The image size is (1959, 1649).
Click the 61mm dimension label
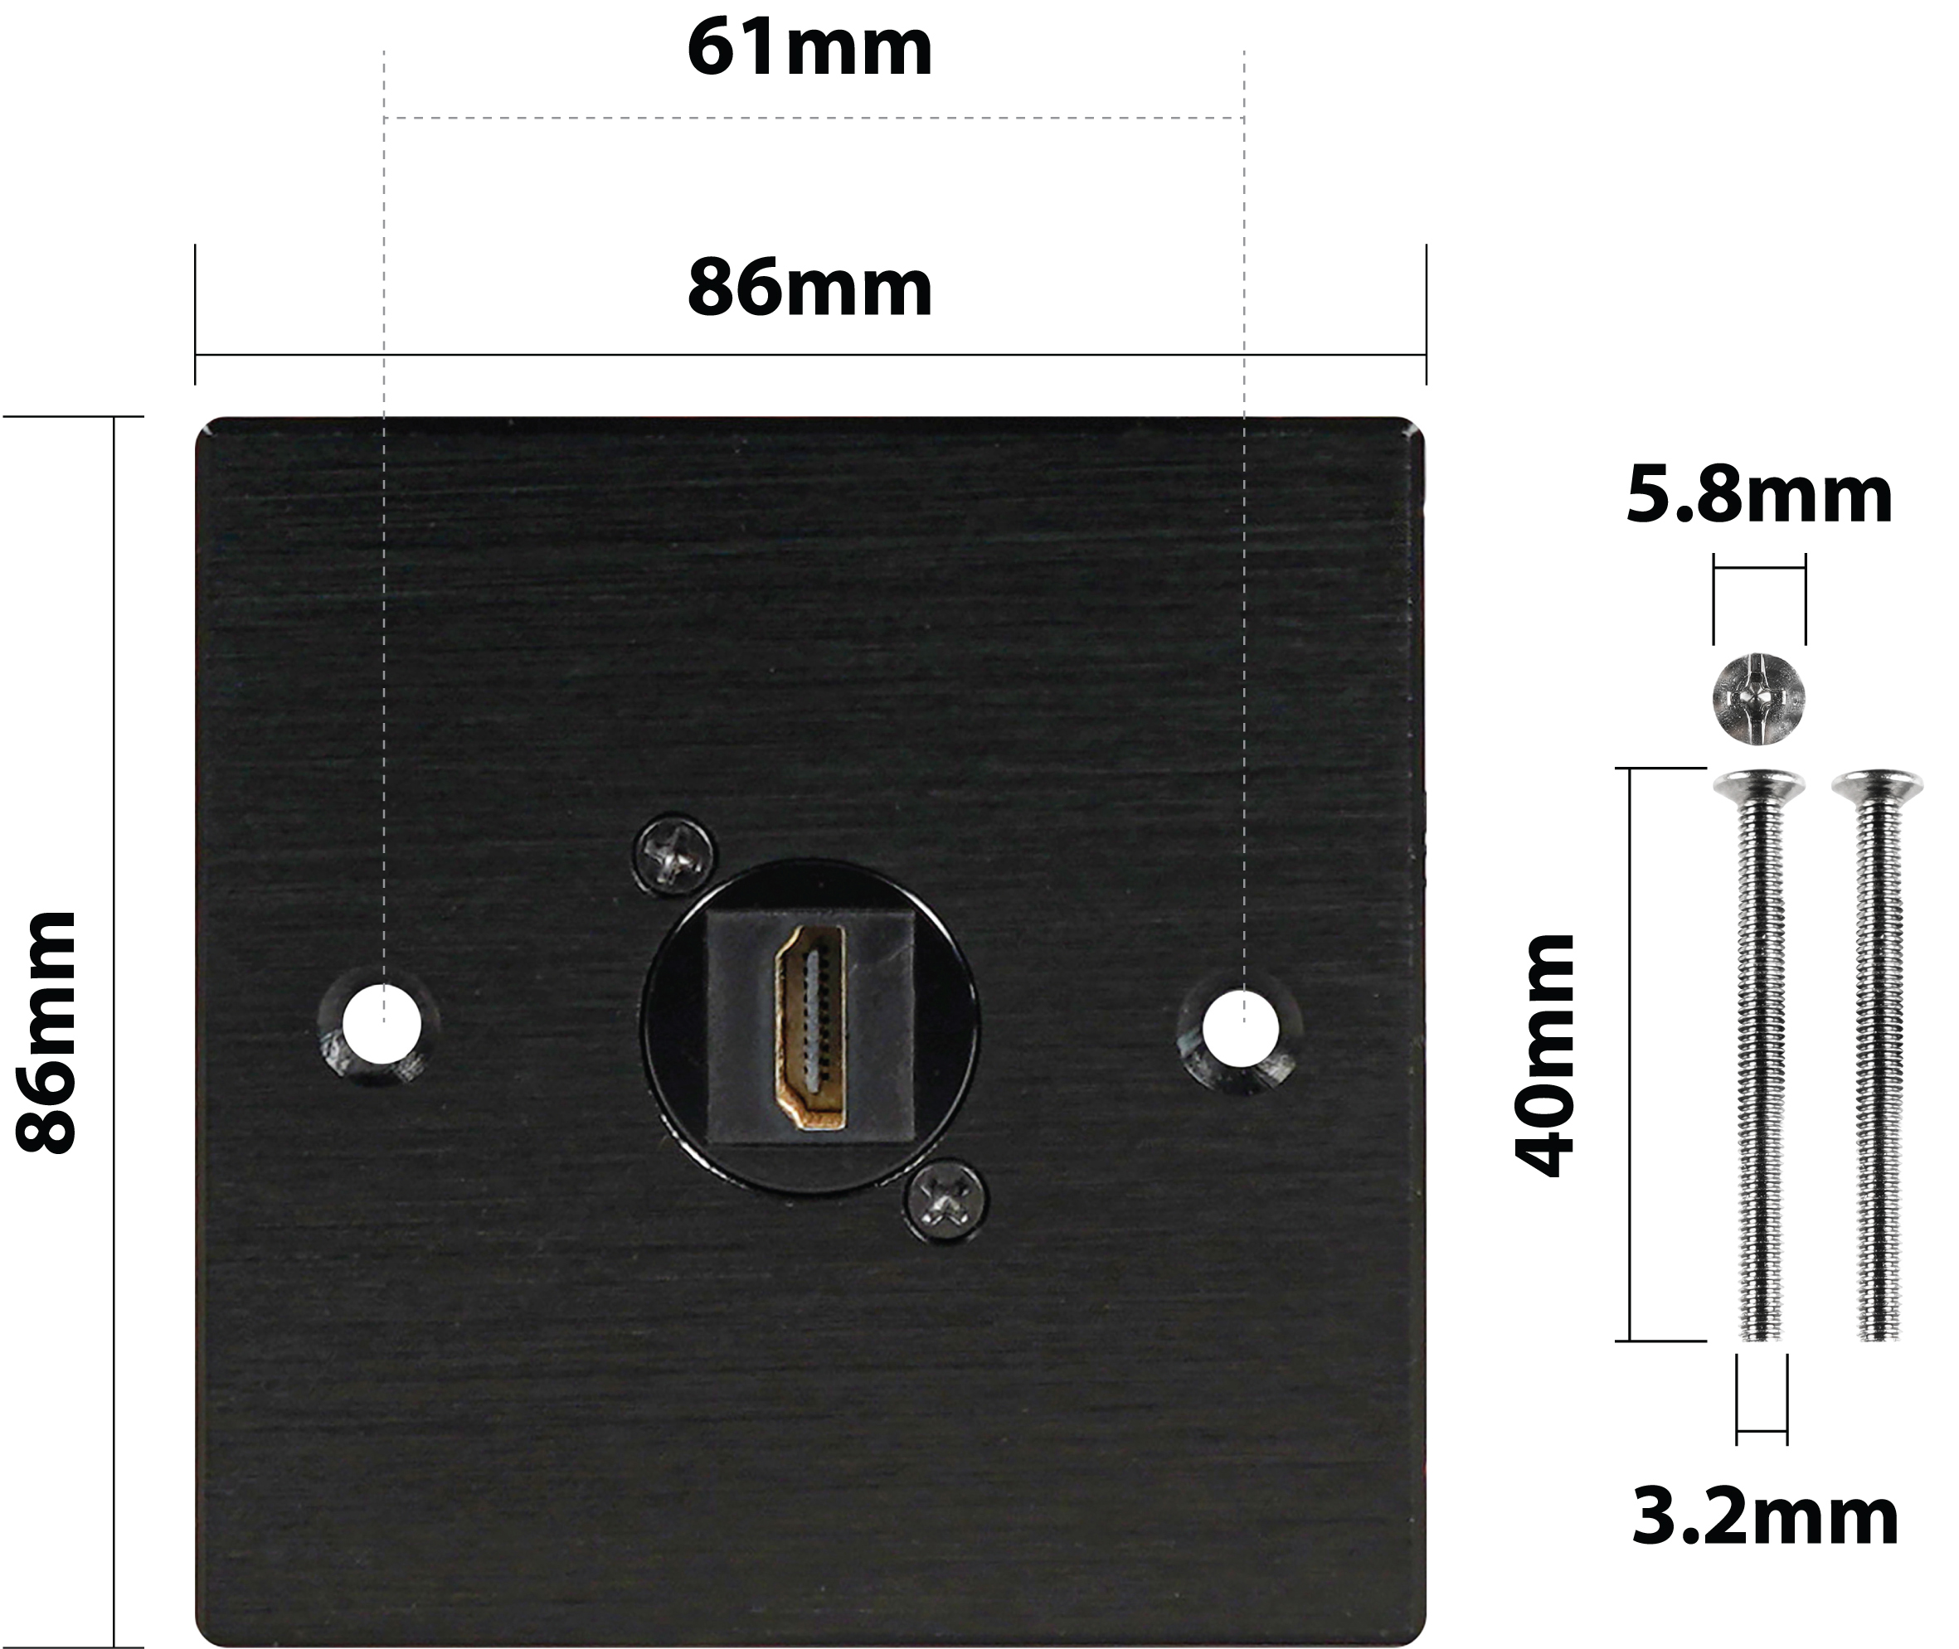pyautogui.click(x=809, y=48)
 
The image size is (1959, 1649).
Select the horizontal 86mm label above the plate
pyautogui.click(x=809, y=288)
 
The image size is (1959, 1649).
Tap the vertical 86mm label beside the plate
pyautogui.click(x=46, y=1033)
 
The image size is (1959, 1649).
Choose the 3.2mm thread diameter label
pyautogui.click(x=1764, y=1517)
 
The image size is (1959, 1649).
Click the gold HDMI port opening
pyautogui.click(x=809, y=1027)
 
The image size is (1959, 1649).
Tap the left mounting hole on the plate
pyautogui.click(x=382, y=1024)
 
